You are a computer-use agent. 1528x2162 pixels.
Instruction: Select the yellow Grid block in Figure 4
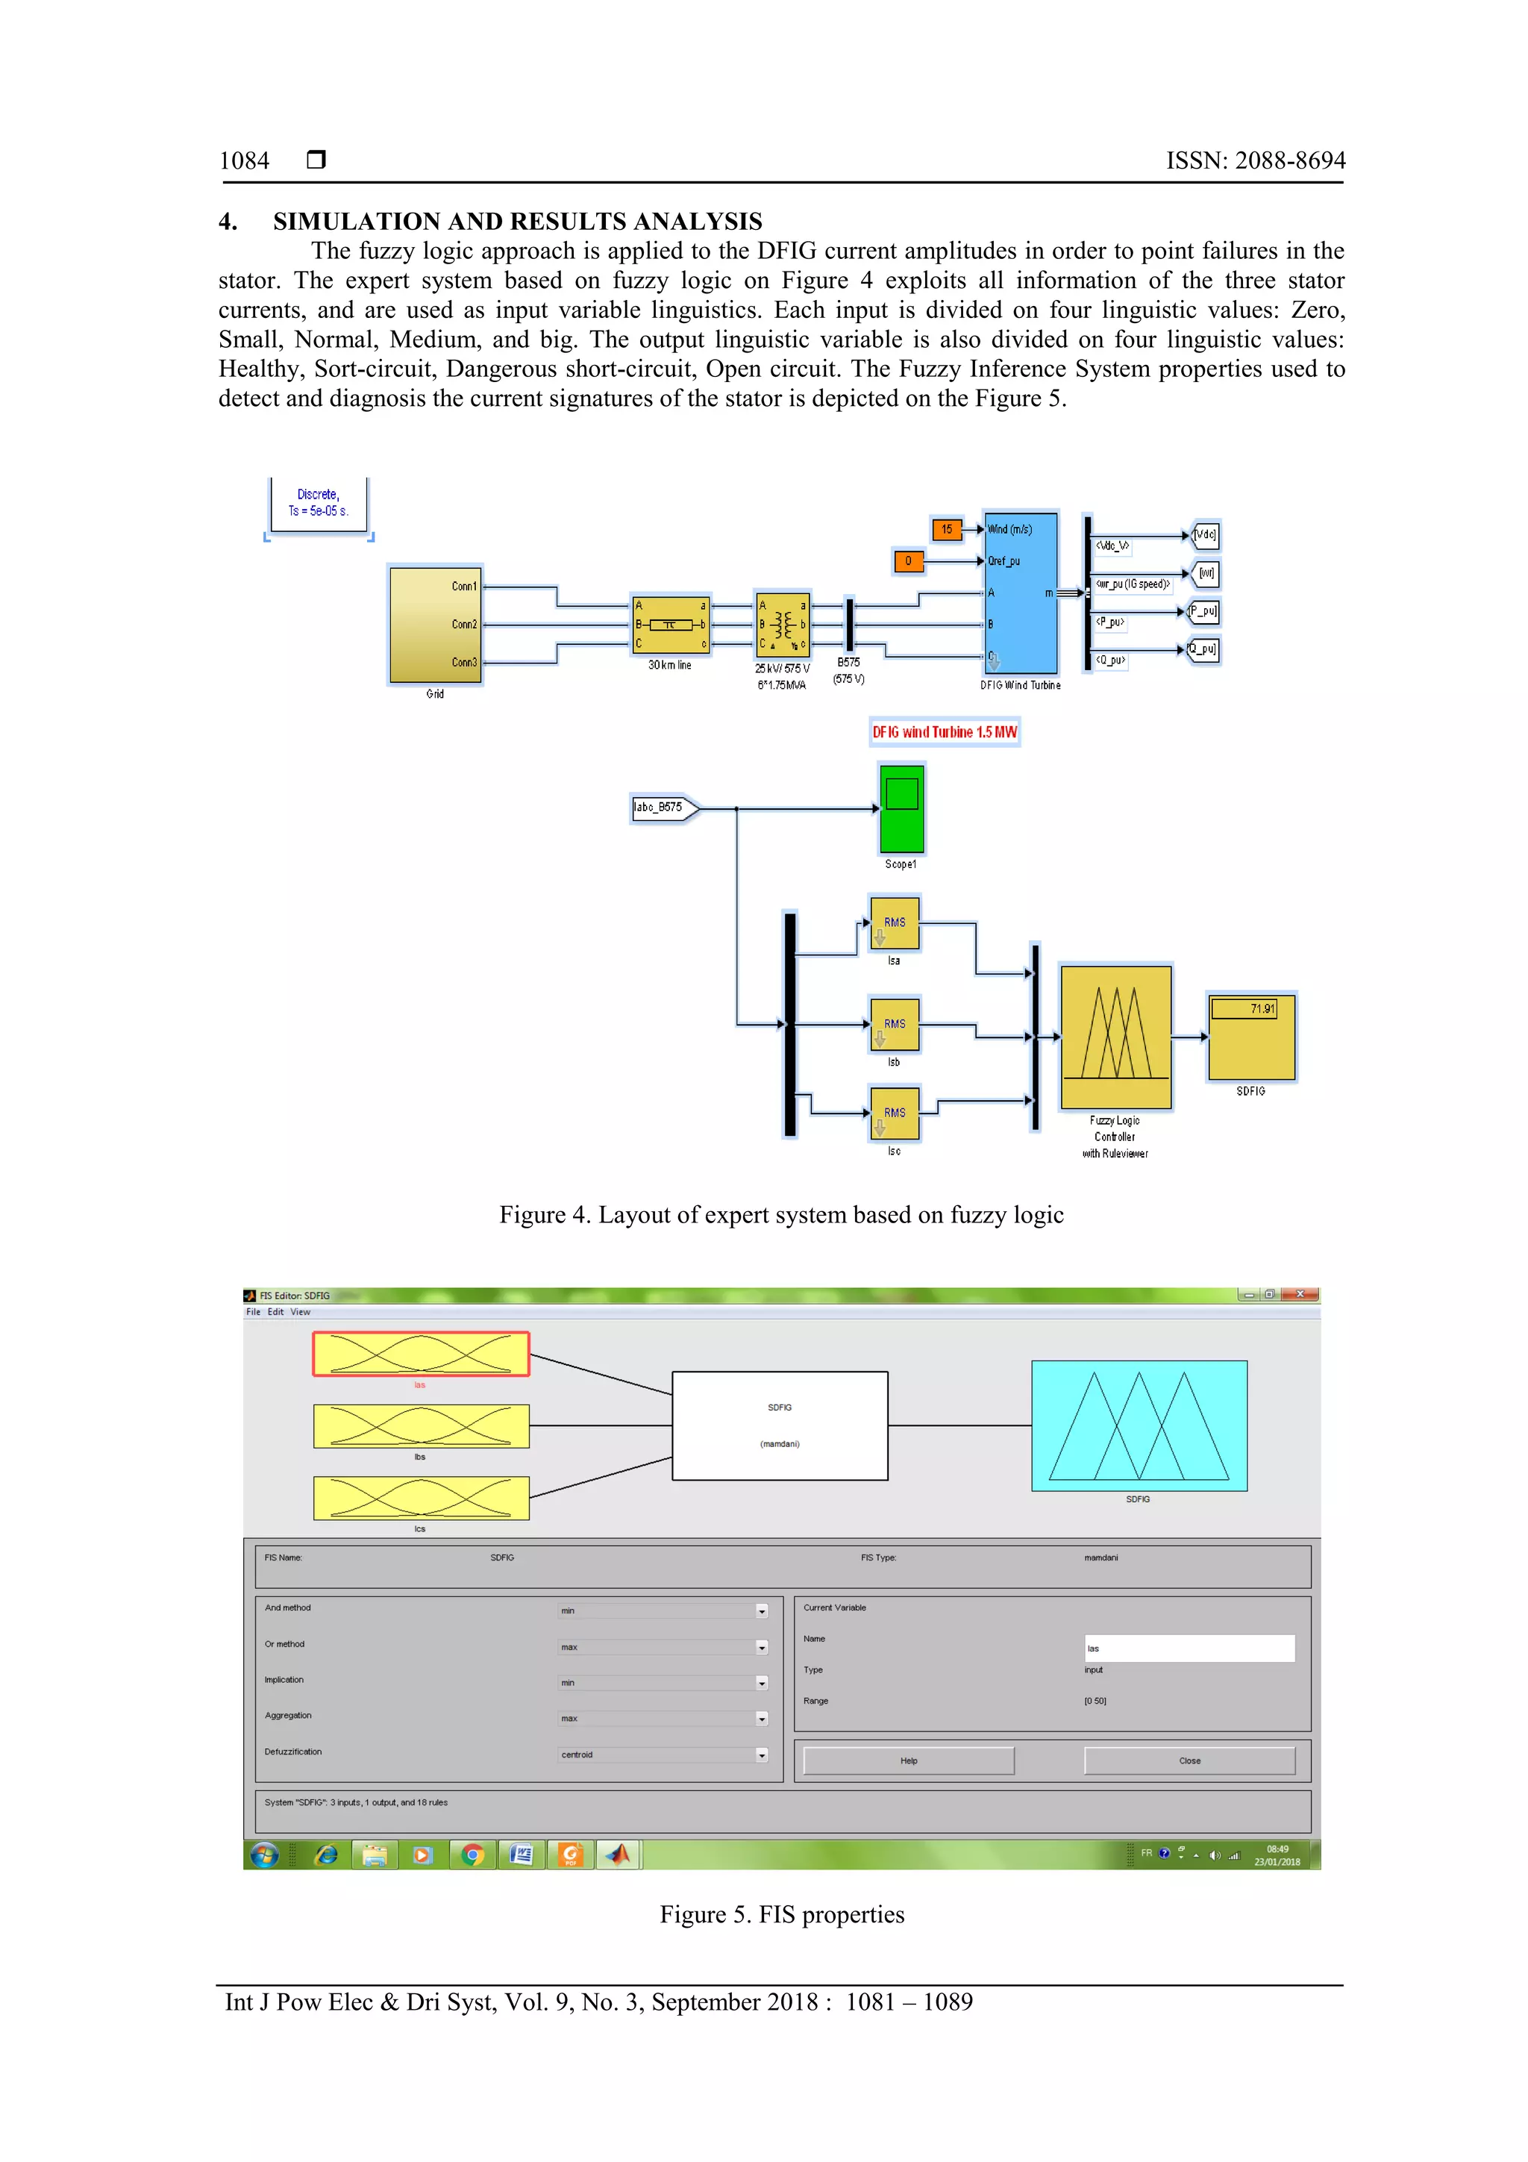coord(435,625)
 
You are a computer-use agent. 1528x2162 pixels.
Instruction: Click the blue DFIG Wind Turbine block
coord(1021,593)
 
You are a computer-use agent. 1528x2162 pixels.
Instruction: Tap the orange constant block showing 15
coord(946,529)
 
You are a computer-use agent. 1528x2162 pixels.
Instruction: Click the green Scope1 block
coord(901,809)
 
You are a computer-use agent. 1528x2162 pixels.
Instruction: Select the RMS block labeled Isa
coord(895,923)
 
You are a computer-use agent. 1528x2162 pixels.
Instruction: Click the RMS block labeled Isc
coord(895,1113)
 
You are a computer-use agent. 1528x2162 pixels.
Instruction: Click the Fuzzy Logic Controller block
coord(1115,1037)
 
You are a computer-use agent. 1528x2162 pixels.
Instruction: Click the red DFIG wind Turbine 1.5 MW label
coord(945,731)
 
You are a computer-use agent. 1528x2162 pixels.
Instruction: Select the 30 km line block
coord(670,625)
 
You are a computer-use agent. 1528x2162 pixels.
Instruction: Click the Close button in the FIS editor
coord(1189,1760)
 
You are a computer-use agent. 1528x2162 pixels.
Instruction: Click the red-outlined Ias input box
coord(421,1354)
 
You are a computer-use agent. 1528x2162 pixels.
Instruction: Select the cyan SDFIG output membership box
coord(1139,1425)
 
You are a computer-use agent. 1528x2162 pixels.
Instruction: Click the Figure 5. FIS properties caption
coord(781,1914)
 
